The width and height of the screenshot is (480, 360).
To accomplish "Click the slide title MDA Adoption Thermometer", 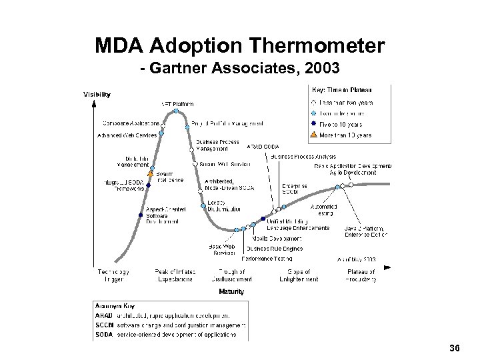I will click(x=239, y=46).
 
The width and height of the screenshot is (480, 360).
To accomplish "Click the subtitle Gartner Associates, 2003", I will click(x=239, y=68).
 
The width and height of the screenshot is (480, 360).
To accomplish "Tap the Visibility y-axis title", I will click(x=97, y=94).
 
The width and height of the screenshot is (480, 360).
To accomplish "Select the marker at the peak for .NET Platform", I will click(x=175, y=111).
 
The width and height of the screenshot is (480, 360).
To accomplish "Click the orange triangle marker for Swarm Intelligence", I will click(x=151, y=174).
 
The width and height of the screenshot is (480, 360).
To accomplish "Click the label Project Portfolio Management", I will click(x=227, y=123).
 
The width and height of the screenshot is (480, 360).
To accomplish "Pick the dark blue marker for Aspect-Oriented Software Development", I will click(x=140, y=215).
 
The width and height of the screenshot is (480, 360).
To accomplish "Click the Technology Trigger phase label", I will click(x=113, y=275).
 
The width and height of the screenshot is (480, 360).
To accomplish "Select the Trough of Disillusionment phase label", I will click(x=231, y=275).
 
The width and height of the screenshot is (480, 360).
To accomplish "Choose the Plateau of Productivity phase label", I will click(x=361, y=275).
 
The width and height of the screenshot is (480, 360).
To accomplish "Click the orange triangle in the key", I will click(x=313, y=135).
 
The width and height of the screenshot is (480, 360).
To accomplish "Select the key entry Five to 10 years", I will click(x=341, y=124).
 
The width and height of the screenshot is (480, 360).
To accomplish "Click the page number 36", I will click(x=455, y=347).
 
